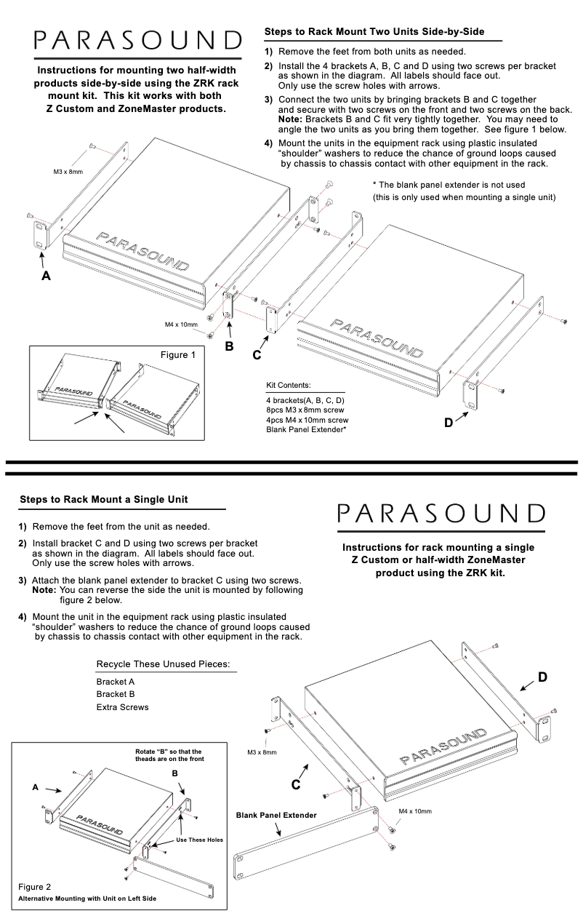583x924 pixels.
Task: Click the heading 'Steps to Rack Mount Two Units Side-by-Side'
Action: coord(374,33)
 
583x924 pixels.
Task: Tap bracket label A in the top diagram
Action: coord(47,276)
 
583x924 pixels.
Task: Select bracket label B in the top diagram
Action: coord(229,346)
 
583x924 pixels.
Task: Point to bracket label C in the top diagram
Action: coord(257,355)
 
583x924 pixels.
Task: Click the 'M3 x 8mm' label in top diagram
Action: coord(68,172)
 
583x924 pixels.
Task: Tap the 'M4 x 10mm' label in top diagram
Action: coord(181,324)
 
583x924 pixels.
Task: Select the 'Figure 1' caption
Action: coord(178,354)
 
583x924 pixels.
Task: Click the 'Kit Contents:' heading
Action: coord(289,385)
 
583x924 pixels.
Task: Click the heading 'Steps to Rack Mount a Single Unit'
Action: coord(103,500)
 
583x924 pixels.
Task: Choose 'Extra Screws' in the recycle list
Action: coord(122,707)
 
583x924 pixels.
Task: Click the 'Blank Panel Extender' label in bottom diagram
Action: coord(276,815)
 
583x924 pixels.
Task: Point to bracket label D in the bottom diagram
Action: coord(542,677)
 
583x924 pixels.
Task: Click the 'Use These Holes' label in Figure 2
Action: coord(200,840)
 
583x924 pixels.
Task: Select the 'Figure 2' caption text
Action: coord(34,887)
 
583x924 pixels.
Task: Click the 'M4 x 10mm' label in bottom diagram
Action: coord(415,811)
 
